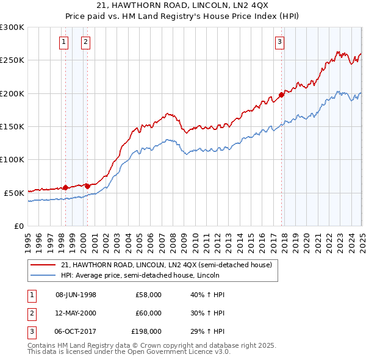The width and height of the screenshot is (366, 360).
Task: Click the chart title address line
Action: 183,6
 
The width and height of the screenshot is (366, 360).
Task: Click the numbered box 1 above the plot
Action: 64,42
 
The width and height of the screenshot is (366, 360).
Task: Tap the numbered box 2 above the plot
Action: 85,42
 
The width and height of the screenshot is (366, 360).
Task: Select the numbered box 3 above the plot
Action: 279,42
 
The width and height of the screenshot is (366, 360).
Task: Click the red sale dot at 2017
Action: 281,95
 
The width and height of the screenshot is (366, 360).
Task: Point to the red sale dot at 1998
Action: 65,187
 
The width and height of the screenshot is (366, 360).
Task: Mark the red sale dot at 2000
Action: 87,186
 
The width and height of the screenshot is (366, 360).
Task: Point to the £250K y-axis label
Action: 12,60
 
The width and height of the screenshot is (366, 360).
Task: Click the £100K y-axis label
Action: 12,159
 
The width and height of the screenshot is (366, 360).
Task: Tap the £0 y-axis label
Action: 18,226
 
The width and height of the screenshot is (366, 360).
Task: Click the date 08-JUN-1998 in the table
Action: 76,295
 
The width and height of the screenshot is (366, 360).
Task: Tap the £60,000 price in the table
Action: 148,313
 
